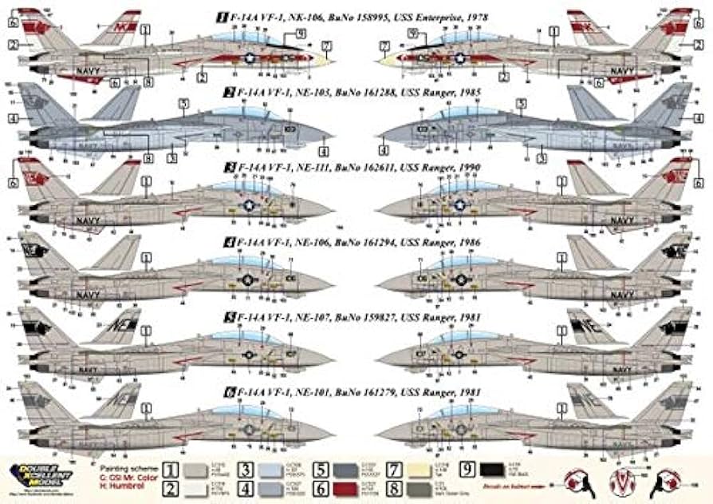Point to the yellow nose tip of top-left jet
pyautogui.click(x=323, y=58)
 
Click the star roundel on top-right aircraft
pyautogui.click(x=460, y=58)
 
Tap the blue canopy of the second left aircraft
pyautogui.click(x=255, y=113)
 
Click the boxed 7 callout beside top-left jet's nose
pyautogui.click(x=325, y=46)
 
